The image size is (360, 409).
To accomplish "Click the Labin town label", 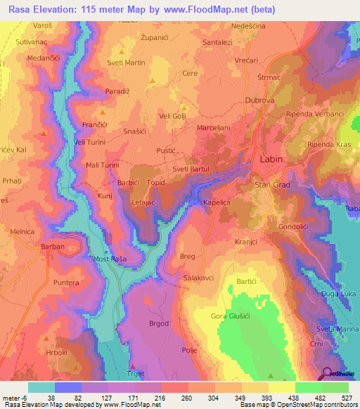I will pyautogui.click(x=271, y=160).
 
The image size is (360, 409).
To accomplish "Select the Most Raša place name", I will pyautogui.click(x=109, y=259).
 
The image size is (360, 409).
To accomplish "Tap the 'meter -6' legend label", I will pyautogui.click(x=15, y=397).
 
